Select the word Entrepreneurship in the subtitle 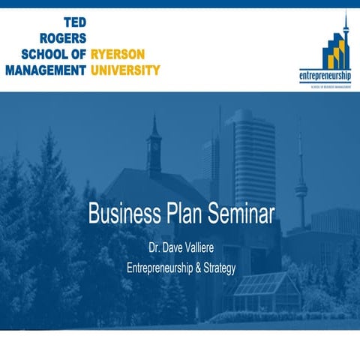[160, 267]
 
